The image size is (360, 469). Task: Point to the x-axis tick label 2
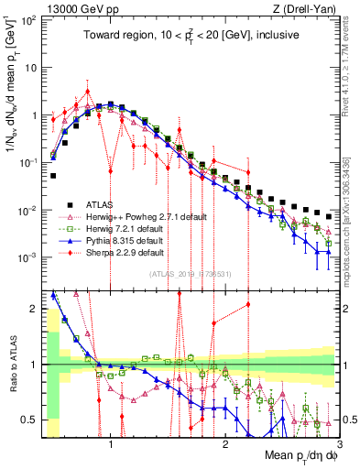(x=224, y=445)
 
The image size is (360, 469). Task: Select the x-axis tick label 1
(x=111, y=445)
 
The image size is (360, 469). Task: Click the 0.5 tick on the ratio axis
(x=32, y=420)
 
